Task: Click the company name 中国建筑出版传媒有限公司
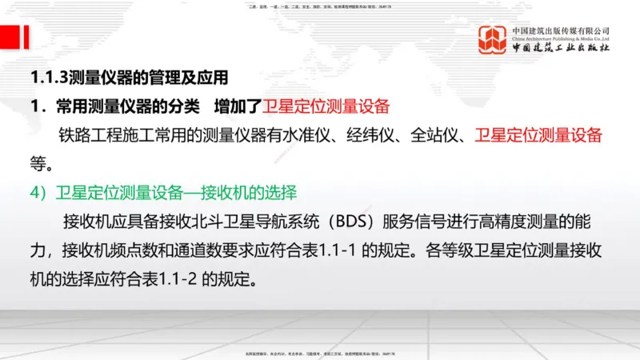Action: click(561, 30)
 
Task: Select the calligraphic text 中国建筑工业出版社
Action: click(561, 48)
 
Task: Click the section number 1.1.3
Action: click(49, 78)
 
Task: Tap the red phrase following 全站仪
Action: click(538, 134)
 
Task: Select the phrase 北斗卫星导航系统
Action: click(253, 221)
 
